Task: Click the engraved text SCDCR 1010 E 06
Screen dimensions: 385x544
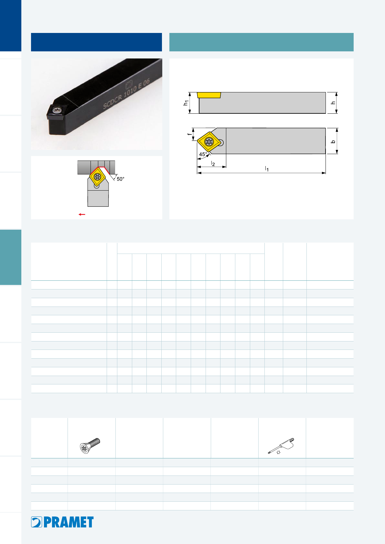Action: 126,94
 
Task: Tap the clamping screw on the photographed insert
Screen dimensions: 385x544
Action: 57,110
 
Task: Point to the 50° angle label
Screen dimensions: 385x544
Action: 121,179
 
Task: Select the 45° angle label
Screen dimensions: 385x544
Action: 203,154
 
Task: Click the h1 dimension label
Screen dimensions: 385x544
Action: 186,103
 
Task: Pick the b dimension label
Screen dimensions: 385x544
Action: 333,141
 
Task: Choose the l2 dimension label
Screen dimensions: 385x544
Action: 213,163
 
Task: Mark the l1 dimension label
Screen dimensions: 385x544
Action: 267,169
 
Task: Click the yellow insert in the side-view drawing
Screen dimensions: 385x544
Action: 209,95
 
